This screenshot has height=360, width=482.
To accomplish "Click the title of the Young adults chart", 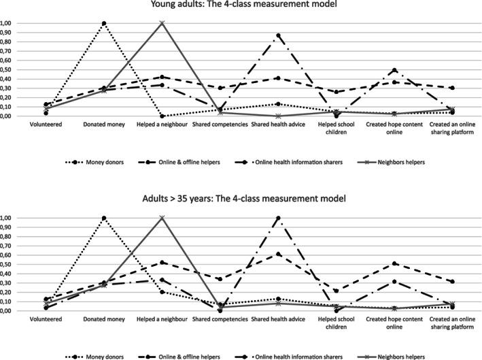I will [241, 6].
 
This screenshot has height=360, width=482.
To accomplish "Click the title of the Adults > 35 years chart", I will [241, 199].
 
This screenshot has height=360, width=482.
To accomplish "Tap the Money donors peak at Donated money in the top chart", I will [104, 23].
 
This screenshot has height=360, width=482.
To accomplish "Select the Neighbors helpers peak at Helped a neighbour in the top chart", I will [162, 23].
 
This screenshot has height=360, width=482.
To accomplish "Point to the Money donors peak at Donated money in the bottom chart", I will [104, 218].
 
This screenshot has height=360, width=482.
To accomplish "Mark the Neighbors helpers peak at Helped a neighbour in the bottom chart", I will [162, 218].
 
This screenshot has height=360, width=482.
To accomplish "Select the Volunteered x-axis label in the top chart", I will [45, 125].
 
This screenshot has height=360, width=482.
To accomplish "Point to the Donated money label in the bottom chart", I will [104, 320].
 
